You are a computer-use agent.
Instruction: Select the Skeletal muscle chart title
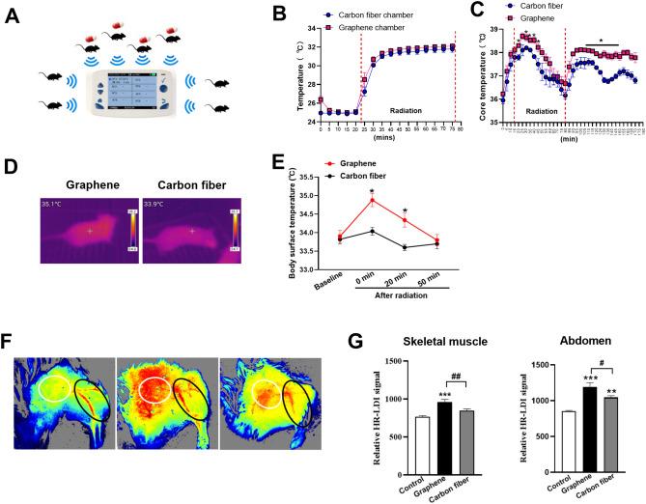point(433,343)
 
